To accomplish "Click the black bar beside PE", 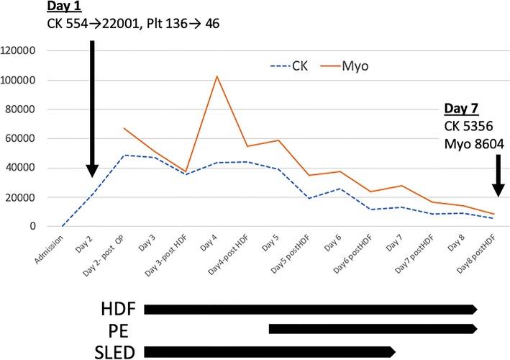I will pos(372,329).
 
